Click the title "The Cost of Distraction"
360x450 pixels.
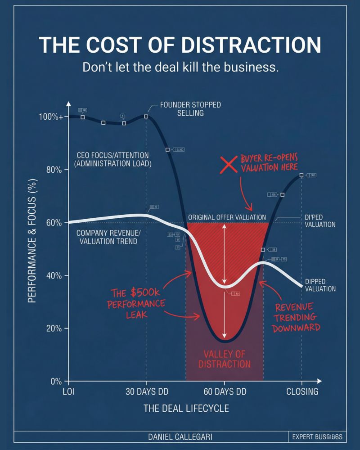point(180,45)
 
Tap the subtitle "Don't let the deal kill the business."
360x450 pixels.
point(180,68)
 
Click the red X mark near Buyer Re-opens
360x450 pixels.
point(229,165)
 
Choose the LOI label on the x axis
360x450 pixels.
point(68,391)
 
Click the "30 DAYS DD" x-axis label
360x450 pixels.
point(146,391)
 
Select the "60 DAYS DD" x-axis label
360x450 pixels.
point(225,391)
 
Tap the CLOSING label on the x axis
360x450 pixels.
point(302,391)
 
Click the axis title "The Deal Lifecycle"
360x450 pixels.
point(186,409)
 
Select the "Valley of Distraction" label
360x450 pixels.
point(224,359)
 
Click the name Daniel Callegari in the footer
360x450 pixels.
point(180,437)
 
